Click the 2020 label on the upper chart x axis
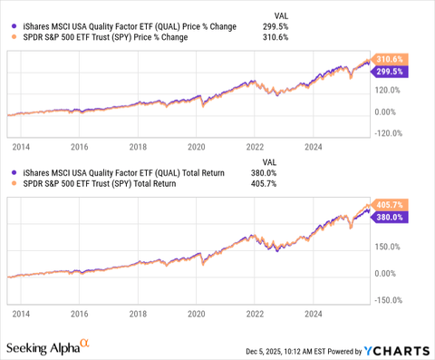point(196,145)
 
